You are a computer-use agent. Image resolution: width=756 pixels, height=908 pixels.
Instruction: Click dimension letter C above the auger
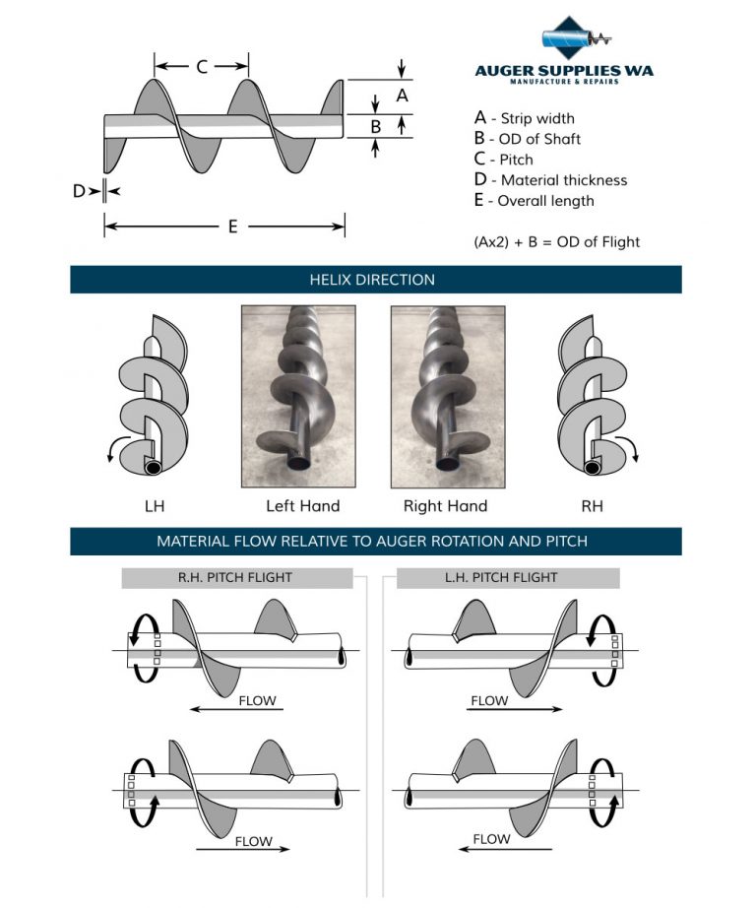tap(202, 67)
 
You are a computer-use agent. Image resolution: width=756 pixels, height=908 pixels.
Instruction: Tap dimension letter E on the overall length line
tap(232, 227)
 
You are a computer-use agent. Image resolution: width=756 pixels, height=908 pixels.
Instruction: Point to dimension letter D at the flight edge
tap(79, 191)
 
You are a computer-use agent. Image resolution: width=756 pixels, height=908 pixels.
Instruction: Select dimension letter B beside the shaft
tap(376, 126)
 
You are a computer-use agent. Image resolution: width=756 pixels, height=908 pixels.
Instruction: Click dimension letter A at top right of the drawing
tap(403, 96)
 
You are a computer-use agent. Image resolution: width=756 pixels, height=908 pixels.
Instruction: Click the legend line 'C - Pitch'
tap(503, 160)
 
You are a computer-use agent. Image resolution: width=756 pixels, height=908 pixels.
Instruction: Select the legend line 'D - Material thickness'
tap(550, 180)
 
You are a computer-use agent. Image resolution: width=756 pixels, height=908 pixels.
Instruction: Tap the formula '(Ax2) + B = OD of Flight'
tap(557, 242)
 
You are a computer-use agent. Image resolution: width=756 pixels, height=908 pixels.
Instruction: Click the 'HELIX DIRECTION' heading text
tap(372, 280)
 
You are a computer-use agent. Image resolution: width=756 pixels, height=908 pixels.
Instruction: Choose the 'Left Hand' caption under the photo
tap(303, 506)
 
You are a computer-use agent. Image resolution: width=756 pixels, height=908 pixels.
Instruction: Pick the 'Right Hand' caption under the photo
tap(445, 506)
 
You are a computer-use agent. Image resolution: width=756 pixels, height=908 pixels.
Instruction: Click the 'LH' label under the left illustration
tap(155, 507)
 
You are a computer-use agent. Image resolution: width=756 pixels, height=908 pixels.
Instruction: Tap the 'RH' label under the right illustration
tap(593, 507)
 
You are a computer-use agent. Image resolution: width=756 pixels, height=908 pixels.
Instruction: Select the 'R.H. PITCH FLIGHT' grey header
tap(237, 578)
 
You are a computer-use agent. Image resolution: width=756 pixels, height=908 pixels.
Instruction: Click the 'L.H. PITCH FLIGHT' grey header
tap(508, 578)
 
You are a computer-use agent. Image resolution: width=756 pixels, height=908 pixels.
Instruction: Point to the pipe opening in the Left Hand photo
tap(300, 463)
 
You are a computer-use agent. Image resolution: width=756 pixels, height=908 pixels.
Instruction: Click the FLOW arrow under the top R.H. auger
tap(236, 709)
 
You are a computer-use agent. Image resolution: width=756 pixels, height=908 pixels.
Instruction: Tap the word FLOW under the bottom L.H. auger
tap(491, 839)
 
